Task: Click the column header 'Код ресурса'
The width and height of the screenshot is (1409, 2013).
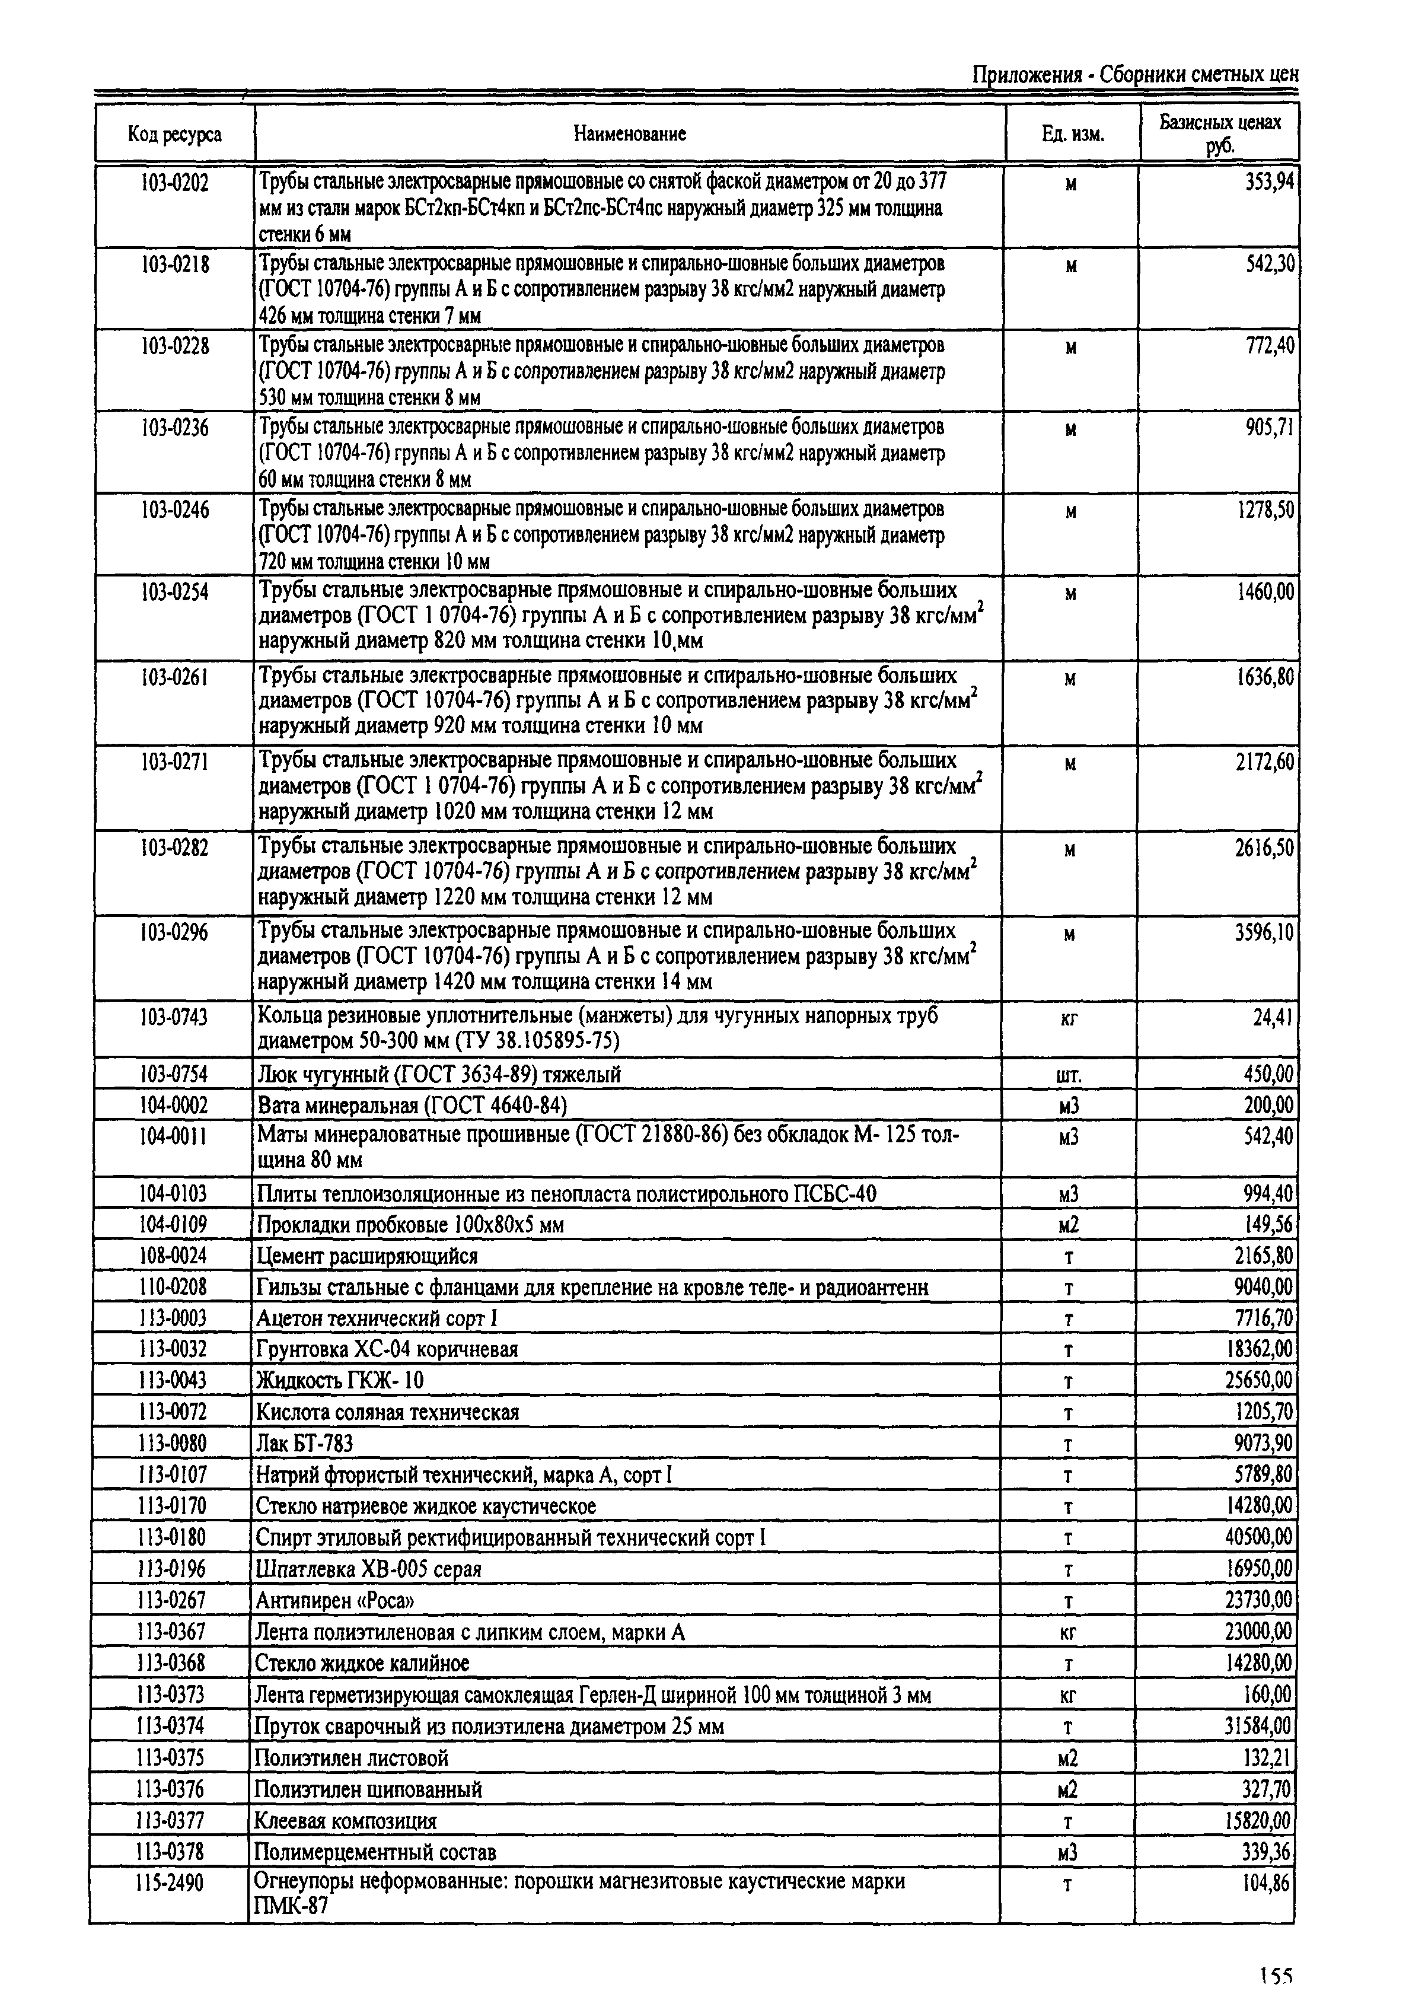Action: [x=174, y=134]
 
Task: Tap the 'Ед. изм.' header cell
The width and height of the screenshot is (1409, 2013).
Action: [x=1072, y=134]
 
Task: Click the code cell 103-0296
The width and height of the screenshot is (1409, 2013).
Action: [x=174, y=932]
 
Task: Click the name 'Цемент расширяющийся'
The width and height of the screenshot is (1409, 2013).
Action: [x=366, y=1256]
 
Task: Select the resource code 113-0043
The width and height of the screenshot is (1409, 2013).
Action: [x=173, y=1380]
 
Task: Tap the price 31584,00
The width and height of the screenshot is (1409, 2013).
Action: [x=1258, y=1727]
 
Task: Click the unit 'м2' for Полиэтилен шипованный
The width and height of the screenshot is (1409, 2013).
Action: [x=1067, y=1789]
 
